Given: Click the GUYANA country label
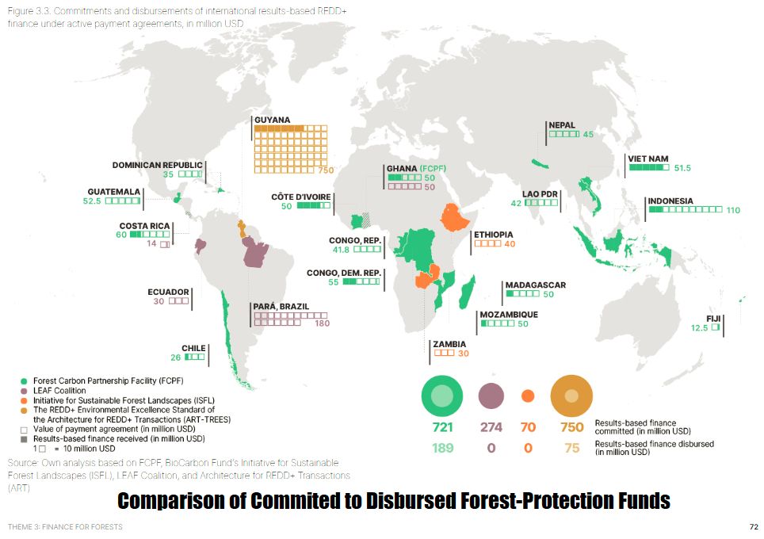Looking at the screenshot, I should pos(272,120).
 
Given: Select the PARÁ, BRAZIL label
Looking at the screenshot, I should pos(281,307).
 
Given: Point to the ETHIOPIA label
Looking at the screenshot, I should pos(493,235).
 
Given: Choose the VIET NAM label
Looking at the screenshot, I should pos(647,159).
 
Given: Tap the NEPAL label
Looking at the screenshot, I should pos(561,125).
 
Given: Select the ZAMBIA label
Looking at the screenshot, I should pos(448,344).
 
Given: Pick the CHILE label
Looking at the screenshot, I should pos(193,348).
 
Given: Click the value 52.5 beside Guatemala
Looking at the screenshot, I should pos(94,201).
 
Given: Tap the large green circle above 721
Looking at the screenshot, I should pos(442,396).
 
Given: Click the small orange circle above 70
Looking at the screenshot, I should pos(528,396).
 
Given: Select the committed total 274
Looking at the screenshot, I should pos(491,427).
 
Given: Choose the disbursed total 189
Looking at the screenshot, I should pos(442,448).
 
